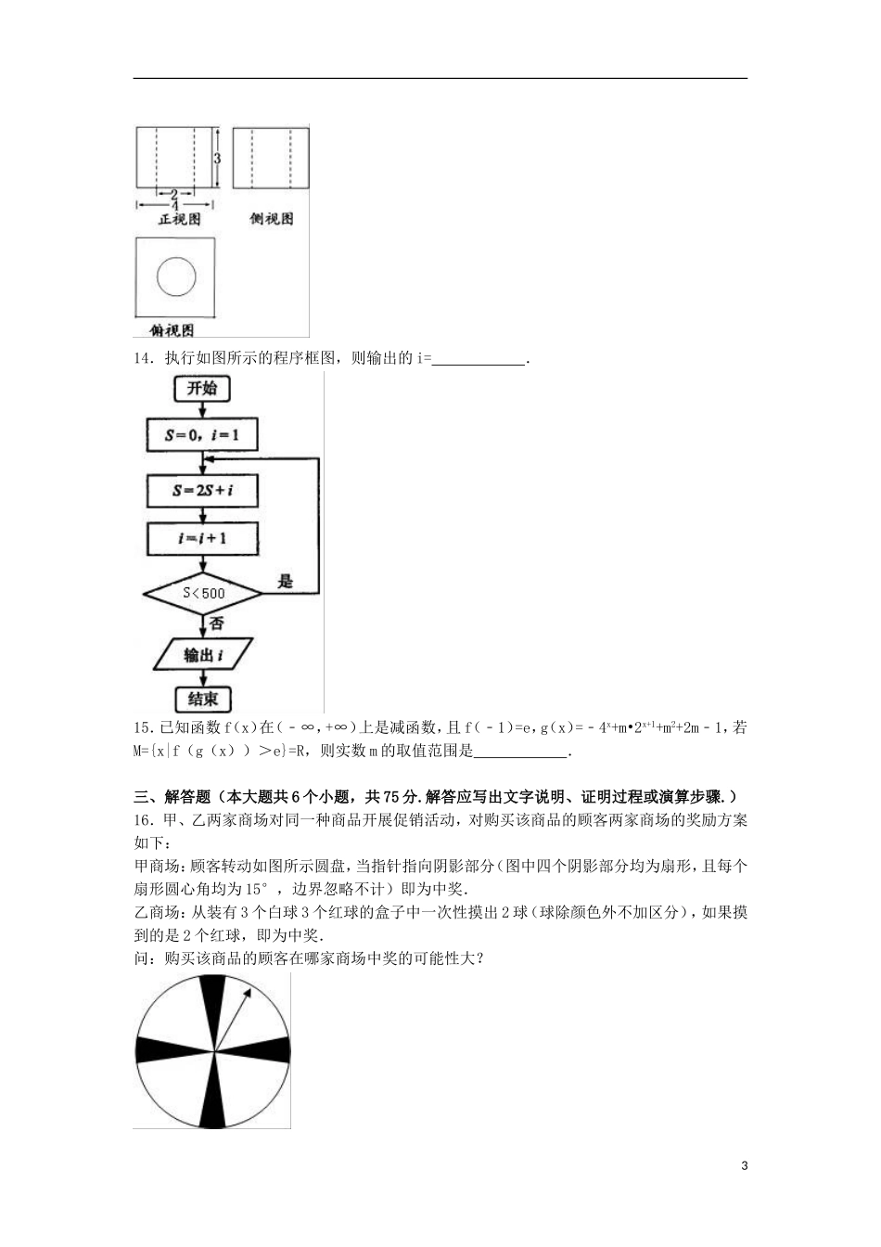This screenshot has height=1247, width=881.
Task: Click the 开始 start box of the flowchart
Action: click(202, 388)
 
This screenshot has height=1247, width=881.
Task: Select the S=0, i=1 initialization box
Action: click(202, 434)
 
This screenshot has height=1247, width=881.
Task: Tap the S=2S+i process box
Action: click(202, 490)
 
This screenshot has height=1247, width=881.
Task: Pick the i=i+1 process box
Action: click(202, 538)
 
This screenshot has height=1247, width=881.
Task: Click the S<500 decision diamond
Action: click(203, 593)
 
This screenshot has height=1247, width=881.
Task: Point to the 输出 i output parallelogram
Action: click(202, 654)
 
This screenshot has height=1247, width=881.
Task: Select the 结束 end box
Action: click(202, 699)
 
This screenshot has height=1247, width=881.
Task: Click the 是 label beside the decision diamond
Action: click(285, 581)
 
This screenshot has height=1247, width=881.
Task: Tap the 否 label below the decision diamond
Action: click(216, 623)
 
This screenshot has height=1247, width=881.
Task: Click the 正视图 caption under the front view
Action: click(180, 220)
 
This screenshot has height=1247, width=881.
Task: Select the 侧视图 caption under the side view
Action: click(271, 219)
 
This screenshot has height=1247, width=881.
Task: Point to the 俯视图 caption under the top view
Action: click(172, 329)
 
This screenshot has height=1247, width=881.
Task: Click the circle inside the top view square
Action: click(176, 276)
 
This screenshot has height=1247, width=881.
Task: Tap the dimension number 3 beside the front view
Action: click(217, 159)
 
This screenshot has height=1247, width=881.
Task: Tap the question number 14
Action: click(143, 358)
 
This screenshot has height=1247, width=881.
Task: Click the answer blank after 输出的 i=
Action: click(479, 359)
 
